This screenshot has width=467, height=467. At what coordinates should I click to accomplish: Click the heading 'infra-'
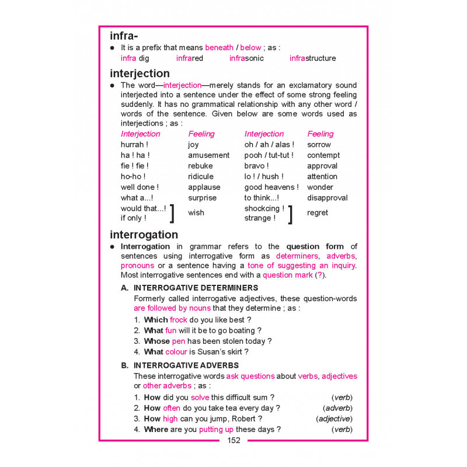coord(126,36)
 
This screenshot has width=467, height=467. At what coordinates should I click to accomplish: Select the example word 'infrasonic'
coord(246,58)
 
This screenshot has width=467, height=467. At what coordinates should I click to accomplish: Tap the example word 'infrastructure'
coord(312,58)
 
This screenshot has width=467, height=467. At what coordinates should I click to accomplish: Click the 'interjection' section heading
coord(140,74)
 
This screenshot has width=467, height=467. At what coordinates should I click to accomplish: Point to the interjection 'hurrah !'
coord(134,145)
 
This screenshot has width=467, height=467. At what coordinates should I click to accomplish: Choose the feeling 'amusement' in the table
coord(208,155)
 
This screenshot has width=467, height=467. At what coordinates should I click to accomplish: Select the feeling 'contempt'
coord(323,155)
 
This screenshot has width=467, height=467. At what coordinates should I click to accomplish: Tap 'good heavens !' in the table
coord(271,187)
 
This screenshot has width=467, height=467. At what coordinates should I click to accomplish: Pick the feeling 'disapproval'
coord(327,198)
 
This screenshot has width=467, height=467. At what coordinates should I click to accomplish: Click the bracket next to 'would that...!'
coord(172,214)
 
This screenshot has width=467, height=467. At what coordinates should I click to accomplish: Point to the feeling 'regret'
coord(318,213)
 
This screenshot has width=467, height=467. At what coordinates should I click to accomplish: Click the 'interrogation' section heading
coord(144,235)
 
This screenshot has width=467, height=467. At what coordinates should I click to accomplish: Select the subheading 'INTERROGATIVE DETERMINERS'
coord(196,288)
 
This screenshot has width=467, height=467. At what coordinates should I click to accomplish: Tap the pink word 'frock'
coord(179,320)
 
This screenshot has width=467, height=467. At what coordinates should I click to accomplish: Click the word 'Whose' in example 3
coord(156,341)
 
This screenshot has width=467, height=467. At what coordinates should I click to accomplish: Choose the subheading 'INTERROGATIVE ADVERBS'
coord(186,365)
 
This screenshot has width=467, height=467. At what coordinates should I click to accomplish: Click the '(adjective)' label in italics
coord(334,419)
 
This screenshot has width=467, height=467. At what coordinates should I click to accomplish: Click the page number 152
coord(233,441)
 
